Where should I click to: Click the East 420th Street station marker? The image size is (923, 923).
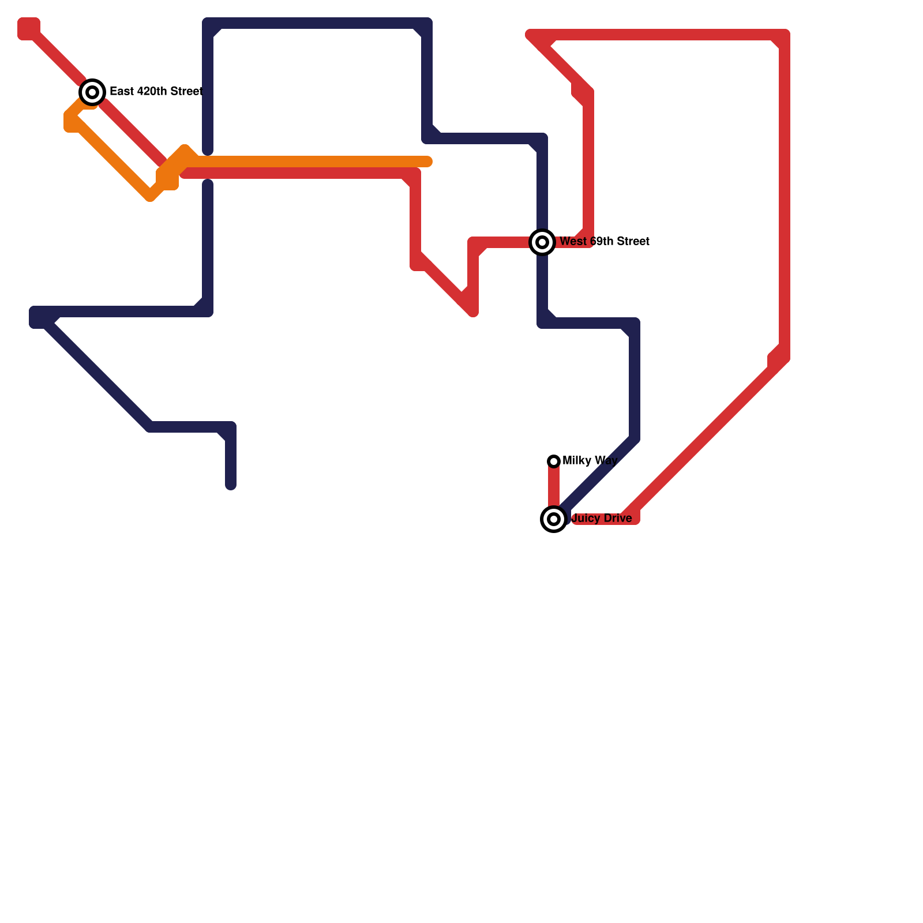click(x=92, y=92)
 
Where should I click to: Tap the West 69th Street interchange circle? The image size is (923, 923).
click(x=542, y=242)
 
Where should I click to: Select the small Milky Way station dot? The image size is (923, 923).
click(x=554, y=461)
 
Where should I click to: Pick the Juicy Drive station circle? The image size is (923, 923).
click(x=554, y=519)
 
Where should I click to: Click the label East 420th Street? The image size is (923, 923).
click(x=156, y=91)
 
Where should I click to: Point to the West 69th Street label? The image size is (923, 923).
click(x=605, y=241)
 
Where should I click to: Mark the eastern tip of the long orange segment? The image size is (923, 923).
click(x=428, y=162)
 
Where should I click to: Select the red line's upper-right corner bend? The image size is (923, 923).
click(x=784, y=35)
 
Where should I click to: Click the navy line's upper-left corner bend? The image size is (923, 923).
click(x=208, y=24)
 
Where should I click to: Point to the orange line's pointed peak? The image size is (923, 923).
click(x=185, y=149)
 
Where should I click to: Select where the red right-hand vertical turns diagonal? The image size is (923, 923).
click(x=783, y=358)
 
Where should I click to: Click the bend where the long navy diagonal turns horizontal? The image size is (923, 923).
click(x=150, y=427)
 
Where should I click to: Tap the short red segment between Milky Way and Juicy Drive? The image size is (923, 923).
click(x=554, y=487)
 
